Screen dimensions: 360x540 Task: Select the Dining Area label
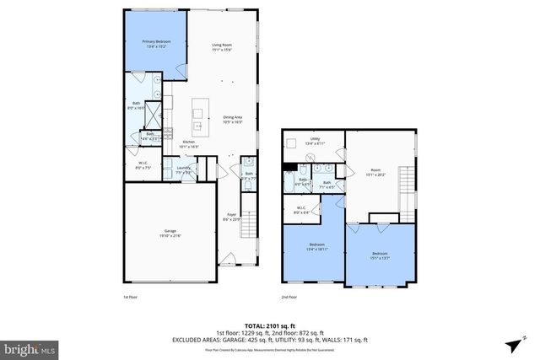pyautogui.click(x=232, y=120)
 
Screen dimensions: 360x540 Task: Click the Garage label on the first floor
pyautogui.click(x=170, y=234)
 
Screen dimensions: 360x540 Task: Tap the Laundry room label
pyautogui.click(x=183, y=169)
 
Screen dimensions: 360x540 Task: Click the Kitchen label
pyautogui.click(x=189, y=143)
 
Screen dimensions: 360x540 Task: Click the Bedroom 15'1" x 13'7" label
pyautogui.click(x=381, y=255)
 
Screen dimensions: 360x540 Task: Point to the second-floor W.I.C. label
pyautogui.click(x=301, y=210)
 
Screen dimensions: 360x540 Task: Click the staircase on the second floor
pyautogui.click(x=408, y=180)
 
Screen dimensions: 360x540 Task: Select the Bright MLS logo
pyautogui.click(x=30, y=347)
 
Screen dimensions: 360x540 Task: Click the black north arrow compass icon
pyautogui.click(x=513, y=345)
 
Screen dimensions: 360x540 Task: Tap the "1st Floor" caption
pyautogui.click(x=132, y=297)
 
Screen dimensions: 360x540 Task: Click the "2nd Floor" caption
pyautogui.click(x=289, y=297)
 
